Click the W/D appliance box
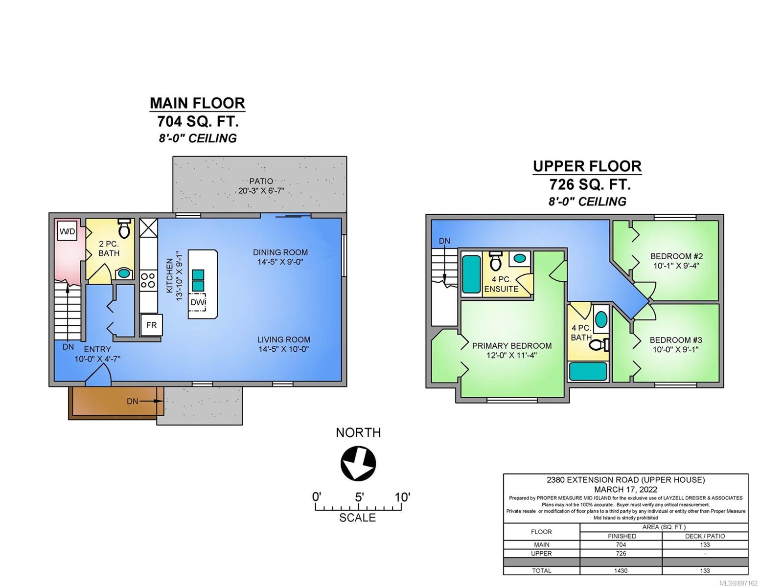[x=67, y=231]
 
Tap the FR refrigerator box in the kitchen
[x=151, y=325]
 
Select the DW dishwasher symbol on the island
[x=198, y=302]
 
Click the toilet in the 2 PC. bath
[x=124, y=228]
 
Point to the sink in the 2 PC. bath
[x=123, y=273]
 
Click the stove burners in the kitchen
[x=148, y=280]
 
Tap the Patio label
[x=261, y=181]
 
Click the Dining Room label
[x=280, y=252]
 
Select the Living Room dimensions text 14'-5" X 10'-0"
[x=284, y=349]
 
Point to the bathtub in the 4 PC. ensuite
[x=471, y=274]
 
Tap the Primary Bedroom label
[x=512, y=346]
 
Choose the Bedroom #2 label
[x=676, y=256]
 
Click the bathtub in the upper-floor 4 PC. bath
[x=588, y=371]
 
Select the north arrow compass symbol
[x=358, y=463]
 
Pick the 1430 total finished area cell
[x=621, y=570]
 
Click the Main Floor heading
[x=198, y=103]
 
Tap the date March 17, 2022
[x=625, y=490]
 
